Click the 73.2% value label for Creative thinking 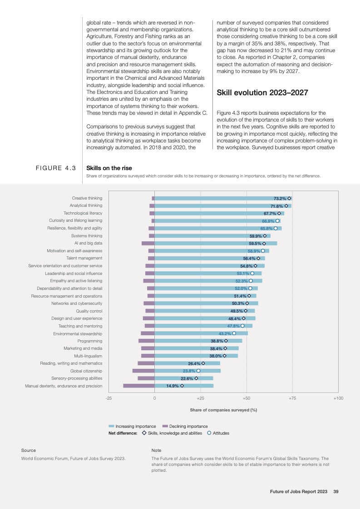click(280, 199)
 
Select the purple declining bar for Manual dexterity click(138, 386)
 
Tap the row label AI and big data click(88, 243)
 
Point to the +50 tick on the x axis click(247, 398)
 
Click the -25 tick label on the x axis click(108, 398)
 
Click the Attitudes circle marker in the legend click(209, 433)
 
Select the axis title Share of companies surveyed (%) click(223, 410)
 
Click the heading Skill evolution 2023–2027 click(262, 93)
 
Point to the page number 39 click(336, 491)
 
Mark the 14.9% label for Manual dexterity click(173, 386)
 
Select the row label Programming click(90, 341)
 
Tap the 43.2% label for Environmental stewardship click(225, 333)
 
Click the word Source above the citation click(29, 450)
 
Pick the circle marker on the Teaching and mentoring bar click(242, 326)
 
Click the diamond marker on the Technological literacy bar click(279, 213)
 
